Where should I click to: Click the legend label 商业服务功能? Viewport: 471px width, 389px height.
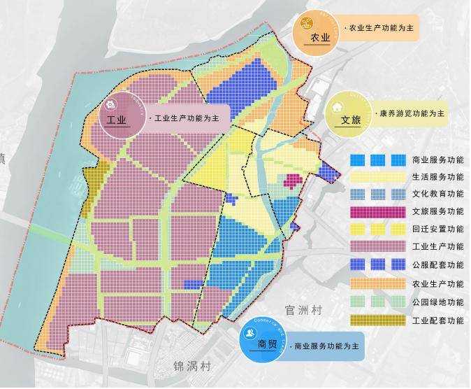tap(437, 160)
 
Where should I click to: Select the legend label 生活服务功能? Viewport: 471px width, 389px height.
tap(437, 178)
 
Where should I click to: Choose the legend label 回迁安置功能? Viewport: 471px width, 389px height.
tap(437, 229)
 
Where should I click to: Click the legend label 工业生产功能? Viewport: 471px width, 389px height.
tap(437, 246)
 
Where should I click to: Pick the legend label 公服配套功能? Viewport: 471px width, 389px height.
tap(437, 265)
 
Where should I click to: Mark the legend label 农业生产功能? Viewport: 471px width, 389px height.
tap(437, 283)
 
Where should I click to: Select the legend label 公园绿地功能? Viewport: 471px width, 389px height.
tap(437, 302)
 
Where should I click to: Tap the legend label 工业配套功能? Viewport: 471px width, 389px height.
tap(437, 320)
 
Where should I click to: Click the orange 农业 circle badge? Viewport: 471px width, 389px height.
tap(316, 32)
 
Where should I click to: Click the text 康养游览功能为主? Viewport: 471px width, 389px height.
tap(413, 113)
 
